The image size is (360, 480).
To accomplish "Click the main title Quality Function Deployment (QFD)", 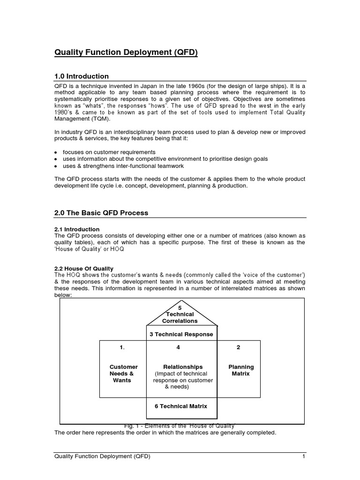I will [126, 53].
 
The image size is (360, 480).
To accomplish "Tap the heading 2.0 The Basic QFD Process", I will [101, 212].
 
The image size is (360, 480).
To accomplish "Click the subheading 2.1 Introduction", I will [77, 229].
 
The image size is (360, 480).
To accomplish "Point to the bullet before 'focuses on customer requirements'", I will [56, 153].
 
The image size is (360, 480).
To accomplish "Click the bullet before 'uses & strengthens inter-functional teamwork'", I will [56, 166].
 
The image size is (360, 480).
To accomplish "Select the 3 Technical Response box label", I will [181, 334].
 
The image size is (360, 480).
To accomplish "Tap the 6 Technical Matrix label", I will [181, 406].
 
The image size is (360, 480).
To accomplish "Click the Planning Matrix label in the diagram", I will [241, 370].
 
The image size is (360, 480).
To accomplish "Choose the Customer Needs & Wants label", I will [123, 374].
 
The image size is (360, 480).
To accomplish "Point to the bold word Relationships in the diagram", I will [183, 367].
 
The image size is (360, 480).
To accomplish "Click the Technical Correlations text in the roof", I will [180, 317].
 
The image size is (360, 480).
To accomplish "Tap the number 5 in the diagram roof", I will [180, 307].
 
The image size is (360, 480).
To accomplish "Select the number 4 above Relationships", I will [178, 347].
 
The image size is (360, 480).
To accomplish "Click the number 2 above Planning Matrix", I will [239, 347].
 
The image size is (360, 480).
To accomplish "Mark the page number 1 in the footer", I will [304, 457].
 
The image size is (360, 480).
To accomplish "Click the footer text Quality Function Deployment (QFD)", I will [103, 457].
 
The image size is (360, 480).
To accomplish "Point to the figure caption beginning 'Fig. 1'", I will [180, 425].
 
